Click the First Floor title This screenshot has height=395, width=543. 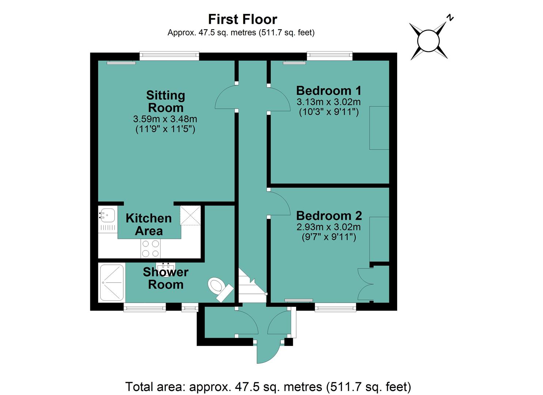(x=242, y=19)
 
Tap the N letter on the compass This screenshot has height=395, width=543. (x=450, y=18)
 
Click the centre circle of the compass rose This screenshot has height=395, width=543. (x=428, y=41)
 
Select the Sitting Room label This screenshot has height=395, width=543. (x=166, y=101)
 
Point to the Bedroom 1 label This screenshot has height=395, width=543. (x=329, y=91)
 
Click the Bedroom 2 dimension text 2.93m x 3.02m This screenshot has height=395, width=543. (x=329, y=227)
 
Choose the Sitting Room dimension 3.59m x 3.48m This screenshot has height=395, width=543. (x=165, y=119)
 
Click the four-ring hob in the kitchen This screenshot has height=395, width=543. (x=150, y=248)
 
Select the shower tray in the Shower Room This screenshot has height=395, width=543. (x=112, y=283)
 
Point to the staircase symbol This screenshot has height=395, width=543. (x=252, y=286)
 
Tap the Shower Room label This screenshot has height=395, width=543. (x=166, y=278)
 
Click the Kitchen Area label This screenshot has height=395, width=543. (x=148, y=225)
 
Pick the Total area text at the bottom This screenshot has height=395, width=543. (x=268, y=387)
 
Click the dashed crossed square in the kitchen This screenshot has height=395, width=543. (x=190, y=215)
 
